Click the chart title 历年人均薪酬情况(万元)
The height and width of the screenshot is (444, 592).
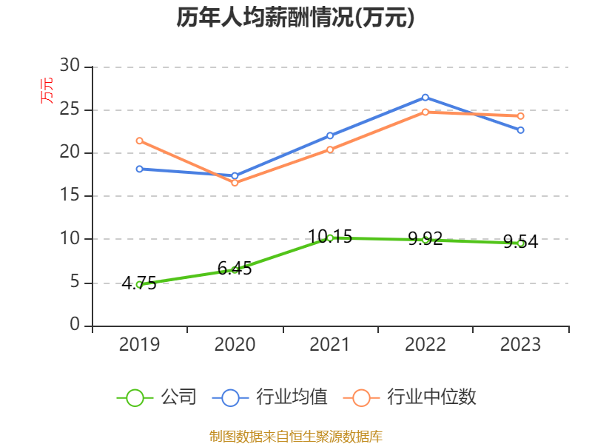(295, 18)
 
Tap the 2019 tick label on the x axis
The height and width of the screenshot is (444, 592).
(139, 345)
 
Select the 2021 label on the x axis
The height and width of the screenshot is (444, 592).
(330, 345)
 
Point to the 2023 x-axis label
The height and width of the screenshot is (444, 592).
(520, 345)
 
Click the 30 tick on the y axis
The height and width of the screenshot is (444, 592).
(70, 67)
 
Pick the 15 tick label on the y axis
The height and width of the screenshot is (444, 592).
(70, 196)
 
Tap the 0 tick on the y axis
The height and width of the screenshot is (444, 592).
(75, 326)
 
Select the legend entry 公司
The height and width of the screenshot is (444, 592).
(157, 397)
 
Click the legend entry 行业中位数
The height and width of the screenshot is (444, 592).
(410, 397)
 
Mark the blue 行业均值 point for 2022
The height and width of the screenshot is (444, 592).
(425, 97)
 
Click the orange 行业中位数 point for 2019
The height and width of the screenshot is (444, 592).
(139, 141)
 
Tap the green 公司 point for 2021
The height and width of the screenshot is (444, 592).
(330, 238)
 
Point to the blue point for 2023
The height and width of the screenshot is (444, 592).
(520, 130)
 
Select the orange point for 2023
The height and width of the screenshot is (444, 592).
(520, 116)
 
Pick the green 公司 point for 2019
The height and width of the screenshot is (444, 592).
(139, 284)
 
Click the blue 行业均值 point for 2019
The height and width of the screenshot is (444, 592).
(139, 169)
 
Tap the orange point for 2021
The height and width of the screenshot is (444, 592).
(330, 149)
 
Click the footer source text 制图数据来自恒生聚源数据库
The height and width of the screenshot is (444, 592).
(295, 436)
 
